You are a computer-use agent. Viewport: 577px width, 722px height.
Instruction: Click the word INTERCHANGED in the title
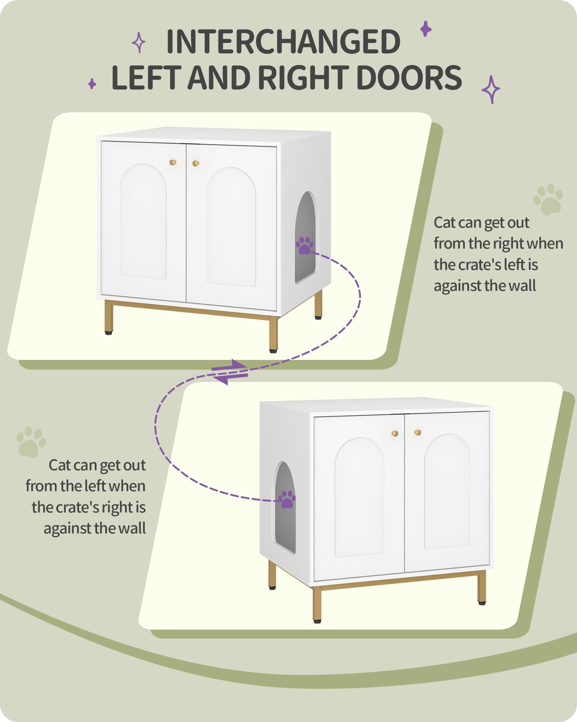[283, 42]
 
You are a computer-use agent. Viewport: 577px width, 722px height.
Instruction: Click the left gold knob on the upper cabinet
[173, 162]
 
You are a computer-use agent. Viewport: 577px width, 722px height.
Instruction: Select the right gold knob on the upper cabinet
[195, 163]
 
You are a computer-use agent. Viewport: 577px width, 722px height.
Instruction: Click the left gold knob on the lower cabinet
[395, 433]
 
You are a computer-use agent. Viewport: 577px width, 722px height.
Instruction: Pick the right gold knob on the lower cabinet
[418, 432]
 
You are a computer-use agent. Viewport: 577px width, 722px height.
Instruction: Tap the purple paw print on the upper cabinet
[305, 246]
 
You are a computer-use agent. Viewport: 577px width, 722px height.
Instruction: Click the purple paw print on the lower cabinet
[287, 499]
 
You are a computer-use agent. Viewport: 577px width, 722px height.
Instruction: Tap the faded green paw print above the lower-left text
[31, 442]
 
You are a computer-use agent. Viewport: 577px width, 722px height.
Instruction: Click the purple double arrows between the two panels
[230, 372]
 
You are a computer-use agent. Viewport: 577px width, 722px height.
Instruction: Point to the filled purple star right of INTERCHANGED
[426, 29]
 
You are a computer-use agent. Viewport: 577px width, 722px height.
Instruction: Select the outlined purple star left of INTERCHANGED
[138, 43]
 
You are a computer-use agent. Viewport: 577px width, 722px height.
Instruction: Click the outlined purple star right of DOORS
[491, 90]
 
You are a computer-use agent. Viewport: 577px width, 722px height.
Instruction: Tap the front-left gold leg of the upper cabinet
[109, 317]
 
